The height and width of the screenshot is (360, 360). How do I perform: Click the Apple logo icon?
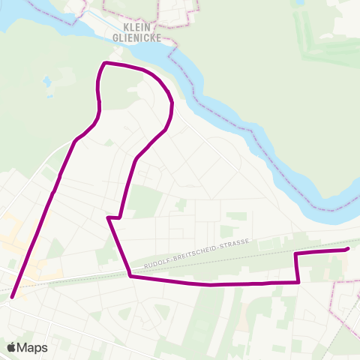12,347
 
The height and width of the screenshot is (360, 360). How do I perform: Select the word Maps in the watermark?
33,347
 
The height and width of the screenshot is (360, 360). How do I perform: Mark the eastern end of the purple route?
348,249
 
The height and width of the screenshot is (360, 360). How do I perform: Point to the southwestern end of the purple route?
12,297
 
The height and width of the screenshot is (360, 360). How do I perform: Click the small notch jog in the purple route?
113,217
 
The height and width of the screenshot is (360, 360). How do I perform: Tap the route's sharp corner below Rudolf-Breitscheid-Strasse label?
130,276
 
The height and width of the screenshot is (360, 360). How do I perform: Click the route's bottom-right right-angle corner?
298,282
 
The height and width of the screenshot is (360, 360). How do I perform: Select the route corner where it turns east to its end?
295,254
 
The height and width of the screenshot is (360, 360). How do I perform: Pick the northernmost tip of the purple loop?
104,63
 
